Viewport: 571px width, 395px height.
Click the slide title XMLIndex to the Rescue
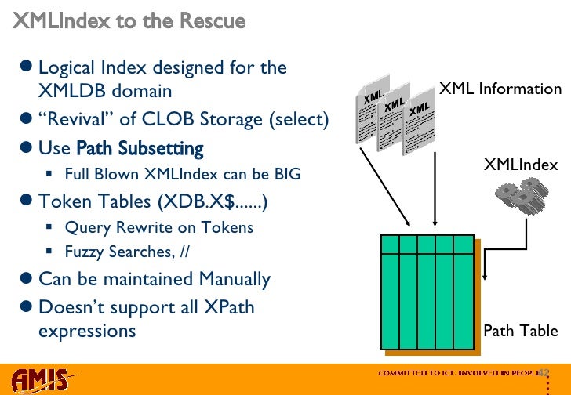129,21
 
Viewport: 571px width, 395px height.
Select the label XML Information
500,89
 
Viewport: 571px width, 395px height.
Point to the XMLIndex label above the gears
520,164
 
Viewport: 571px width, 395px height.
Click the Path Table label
520,331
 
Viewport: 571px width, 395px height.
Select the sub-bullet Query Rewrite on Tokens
159,228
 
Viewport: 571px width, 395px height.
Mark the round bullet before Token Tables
27,202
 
